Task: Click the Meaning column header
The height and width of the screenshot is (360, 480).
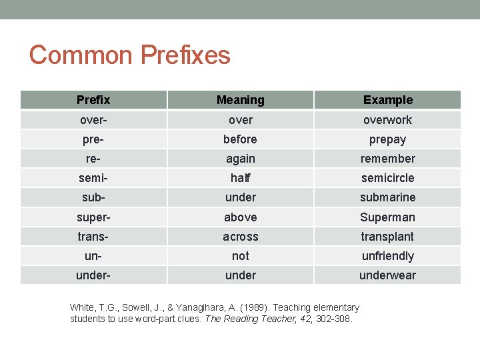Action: point(240,100)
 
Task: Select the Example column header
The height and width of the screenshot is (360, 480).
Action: point(387,100)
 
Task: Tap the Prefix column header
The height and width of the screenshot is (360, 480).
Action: point(93,100)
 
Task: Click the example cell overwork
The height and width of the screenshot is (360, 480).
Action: point(387,120)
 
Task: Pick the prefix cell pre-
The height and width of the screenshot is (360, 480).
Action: point(93,139)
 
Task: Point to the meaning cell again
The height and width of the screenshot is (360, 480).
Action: point(240,159)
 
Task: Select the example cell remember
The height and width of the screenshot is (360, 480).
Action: point(387,159)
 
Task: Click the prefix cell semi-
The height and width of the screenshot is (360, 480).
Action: point(93,178)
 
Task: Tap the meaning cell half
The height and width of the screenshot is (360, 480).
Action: point(240,178)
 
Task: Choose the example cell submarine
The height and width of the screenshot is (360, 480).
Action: point(387,197)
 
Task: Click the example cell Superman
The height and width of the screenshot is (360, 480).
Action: point(387,217)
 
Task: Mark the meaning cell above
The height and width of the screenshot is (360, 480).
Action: point(240,217)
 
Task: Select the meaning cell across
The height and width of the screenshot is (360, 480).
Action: point(240,237)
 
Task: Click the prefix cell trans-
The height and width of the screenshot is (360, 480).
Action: point(93,237)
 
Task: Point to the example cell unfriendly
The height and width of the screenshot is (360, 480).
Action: point(387,256)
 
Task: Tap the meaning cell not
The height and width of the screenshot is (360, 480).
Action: point(240,256)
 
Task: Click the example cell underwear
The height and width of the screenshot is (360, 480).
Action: point(387,275)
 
